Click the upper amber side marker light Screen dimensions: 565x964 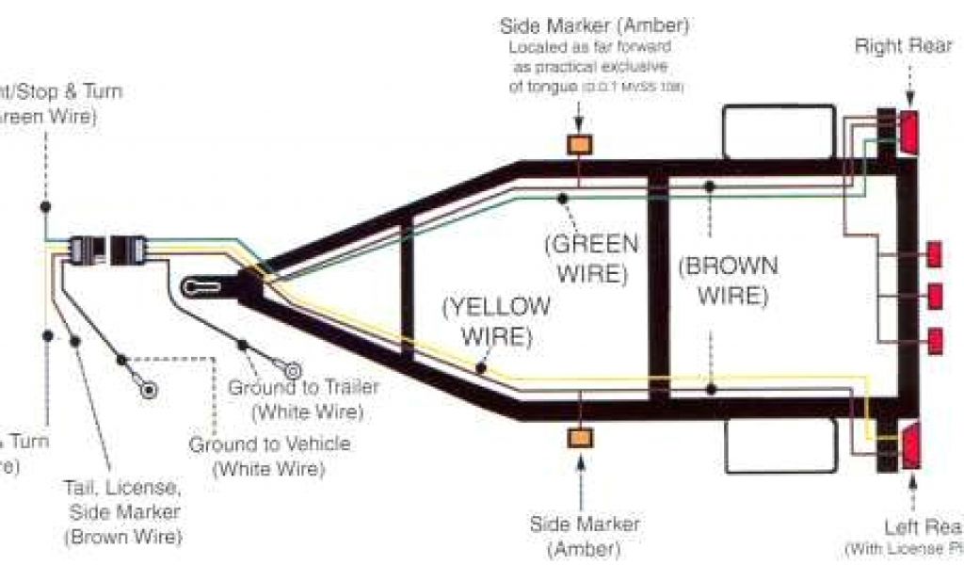(578, 145)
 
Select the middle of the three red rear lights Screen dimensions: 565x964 (935, 296)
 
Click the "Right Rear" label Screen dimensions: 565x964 (903, 46)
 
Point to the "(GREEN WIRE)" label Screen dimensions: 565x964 (591, 259)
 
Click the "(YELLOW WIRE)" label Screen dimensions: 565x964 (497, 320)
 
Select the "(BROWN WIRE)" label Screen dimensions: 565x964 (729, 280)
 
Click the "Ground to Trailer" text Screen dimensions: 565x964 (304, 388)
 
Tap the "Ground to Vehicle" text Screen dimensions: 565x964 (269, 444)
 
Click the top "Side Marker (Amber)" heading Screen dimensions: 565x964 (594, 24)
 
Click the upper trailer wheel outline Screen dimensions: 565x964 (779, 131)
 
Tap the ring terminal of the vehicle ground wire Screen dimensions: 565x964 (148, 389)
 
